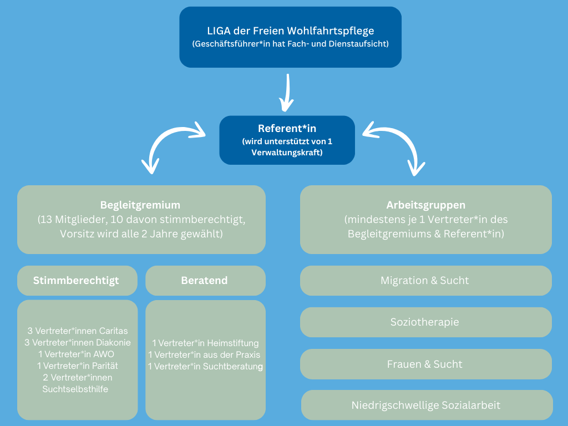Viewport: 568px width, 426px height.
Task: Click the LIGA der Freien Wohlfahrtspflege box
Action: click(x=290, y=37)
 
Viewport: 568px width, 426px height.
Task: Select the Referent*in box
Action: click(x=287, y=140)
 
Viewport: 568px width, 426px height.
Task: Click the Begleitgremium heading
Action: click(x=140, y=205)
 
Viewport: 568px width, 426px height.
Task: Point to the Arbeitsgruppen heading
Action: click(x=425, y=205)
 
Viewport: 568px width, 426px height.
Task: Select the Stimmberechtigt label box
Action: click(x=77, y=281)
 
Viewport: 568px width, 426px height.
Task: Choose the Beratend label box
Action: click(x=205, y=281)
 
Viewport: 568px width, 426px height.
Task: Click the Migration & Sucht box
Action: click(x=425, y=281)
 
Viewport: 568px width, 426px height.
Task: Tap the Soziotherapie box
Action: click(x=425, y=322)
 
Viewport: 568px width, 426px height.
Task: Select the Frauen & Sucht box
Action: click(x=425, y=364)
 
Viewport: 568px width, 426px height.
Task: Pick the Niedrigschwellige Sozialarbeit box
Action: click(x=426, y=405)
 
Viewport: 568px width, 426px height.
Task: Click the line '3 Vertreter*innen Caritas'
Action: click(x=78, y=331)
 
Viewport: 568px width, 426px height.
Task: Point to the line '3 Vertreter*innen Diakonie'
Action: click(x=78, y=343)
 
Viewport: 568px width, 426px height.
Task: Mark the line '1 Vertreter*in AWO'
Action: click(x=78, y=354)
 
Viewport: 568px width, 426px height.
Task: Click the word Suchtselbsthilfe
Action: click(x=75, y=389)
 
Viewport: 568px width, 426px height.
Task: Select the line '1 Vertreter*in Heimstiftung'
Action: click(x=205, y=343)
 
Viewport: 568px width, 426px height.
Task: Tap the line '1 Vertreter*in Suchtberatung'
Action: click(x=205, y=367)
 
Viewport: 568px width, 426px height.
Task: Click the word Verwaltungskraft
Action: click(x=287, y=152)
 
